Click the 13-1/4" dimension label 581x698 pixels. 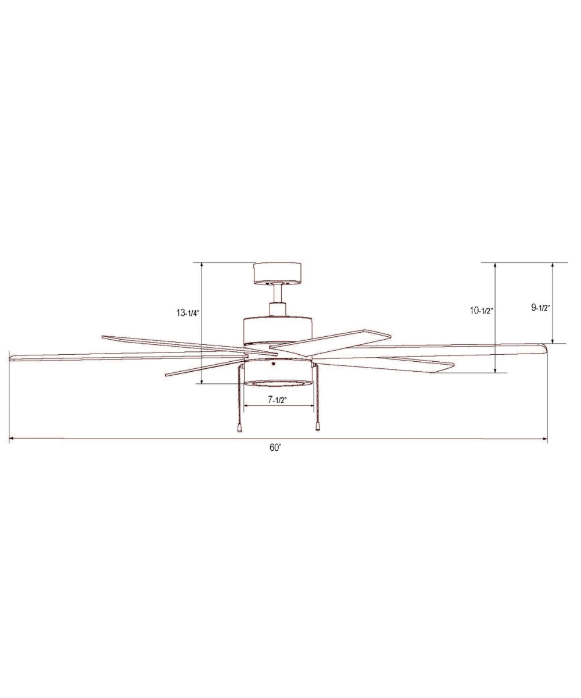click(x=188, y=313)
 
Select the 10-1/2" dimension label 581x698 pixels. click(x=482, y=311)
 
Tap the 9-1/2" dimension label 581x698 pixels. click(x=540, y=308)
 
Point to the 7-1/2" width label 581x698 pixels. click(x=278, y=400)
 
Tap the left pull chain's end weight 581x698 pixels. click(x=239, y=427)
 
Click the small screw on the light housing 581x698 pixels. click(x=272, y=365)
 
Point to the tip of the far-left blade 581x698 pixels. click(x=12, y=357)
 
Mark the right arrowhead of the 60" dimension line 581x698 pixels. click(x=545, y=439)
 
